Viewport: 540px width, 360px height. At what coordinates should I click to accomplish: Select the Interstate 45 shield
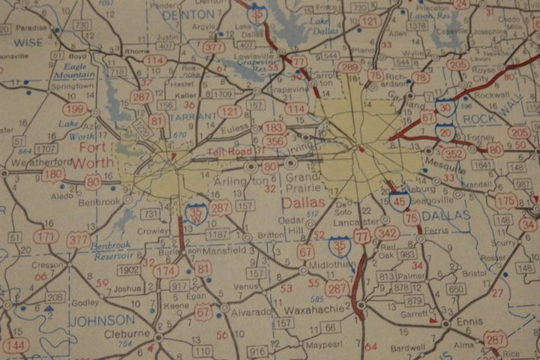point(399,198)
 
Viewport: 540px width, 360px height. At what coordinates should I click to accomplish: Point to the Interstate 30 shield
point(444,108)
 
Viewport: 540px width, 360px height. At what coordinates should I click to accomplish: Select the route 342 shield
point(386,233)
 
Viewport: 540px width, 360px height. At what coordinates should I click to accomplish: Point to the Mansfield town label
point(224,250)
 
